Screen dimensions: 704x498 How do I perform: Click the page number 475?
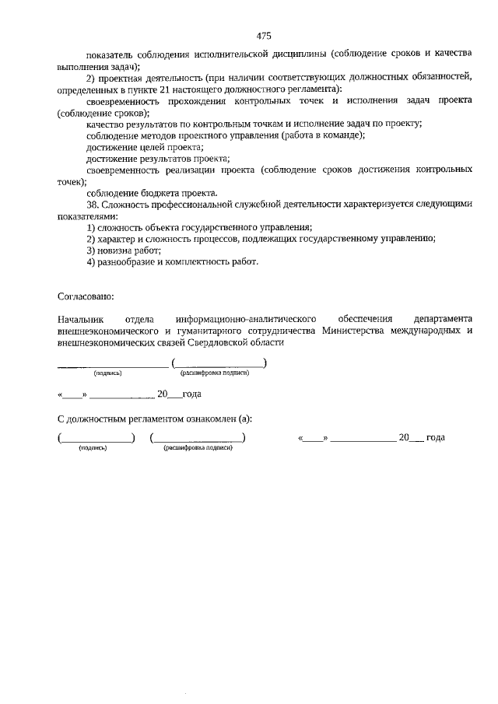pos(263,36)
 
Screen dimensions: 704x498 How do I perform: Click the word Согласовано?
pos(86,296)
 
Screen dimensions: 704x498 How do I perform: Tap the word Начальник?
pos(80,319)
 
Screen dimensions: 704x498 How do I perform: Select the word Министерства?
pos(365,330)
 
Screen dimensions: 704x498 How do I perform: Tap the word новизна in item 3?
pos(115,250)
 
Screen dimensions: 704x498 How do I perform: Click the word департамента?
pos(443,319)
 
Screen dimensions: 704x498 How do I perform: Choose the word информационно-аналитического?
pos(245,319)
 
